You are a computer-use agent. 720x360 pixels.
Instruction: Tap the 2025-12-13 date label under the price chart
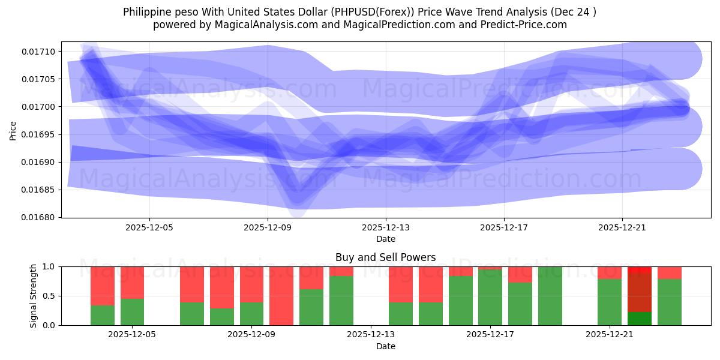385,227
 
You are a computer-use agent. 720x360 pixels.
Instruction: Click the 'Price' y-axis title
13,130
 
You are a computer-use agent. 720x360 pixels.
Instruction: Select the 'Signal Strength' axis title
34,296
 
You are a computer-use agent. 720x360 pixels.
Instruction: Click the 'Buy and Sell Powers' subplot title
385,257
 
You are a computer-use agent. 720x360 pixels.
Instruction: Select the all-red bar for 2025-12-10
281,296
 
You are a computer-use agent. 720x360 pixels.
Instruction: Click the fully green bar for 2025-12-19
550,296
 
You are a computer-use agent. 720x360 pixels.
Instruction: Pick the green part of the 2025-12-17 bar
490,298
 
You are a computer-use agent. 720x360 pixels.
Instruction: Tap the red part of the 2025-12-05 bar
132,282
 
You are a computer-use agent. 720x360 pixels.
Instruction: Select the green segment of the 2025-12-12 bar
341,301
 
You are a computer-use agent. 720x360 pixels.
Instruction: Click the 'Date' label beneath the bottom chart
385,346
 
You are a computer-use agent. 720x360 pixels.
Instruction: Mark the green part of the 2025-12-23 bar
669,302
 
